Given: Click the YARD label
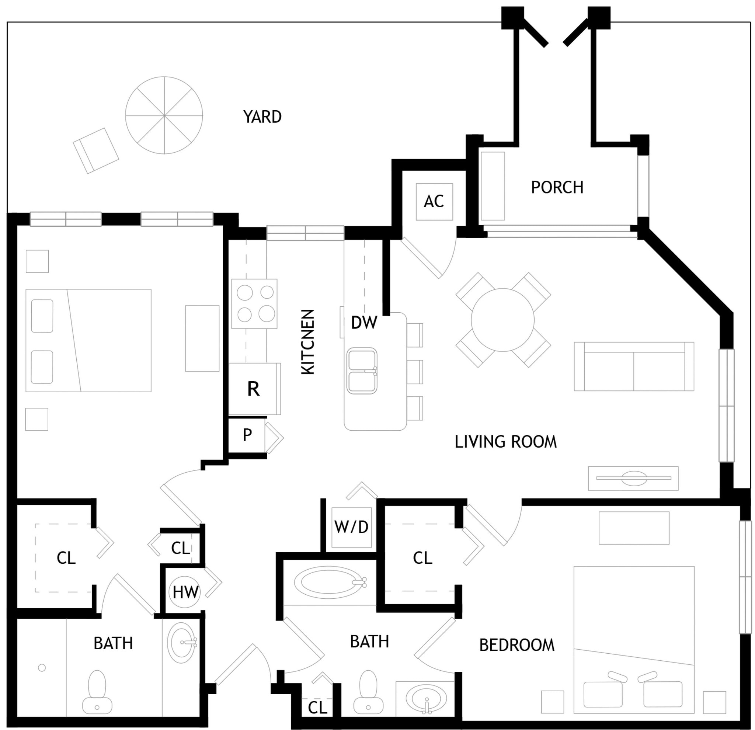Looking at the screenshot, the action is click(262, 117).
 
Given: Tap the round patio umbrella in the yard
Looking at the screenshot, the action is click(164, 115).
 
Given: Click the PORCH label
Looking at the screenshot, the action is click(557, 188).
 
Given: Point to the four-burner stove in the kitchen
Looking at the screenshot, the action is click(254, 303).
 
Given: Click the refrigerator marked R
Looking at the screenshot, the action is click(254, 389).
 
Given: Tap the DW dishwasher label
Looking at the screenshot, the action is click(364, 323).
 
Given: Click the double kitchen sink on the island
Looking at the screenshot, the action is click(362, 371).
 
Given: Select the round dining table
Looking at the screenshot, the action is click(503, 320).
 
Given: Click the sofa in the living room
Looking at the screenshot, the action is click(634, 366).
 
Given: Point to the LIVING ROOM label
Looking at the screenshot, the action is click(506, 442).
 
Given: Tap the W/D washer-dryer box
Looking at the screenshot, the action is click(352, 527).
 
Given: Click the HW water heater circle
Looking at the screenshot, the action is click(185, 592).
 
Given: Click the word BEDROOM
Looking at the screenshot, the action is click(517, 645).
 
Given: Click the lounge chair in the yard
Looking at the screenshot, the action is click(96, 151).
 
